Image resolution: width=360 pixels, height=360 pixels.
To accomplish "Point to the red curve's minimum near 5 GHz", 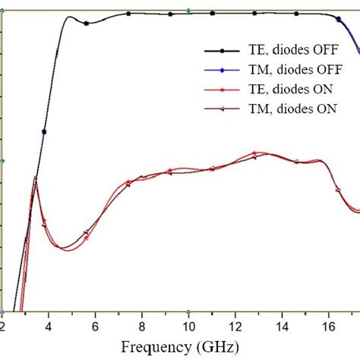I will [65, 249].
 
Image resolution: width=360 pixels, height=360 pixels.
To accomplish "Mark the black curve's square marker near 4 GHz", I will [44, 131].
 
